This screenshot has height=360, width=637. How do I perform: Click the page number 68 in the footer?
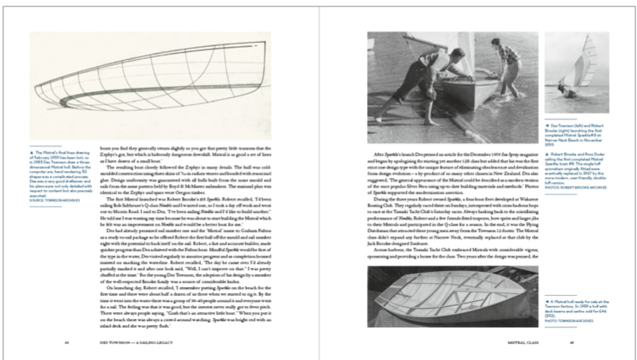(67, 343)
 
